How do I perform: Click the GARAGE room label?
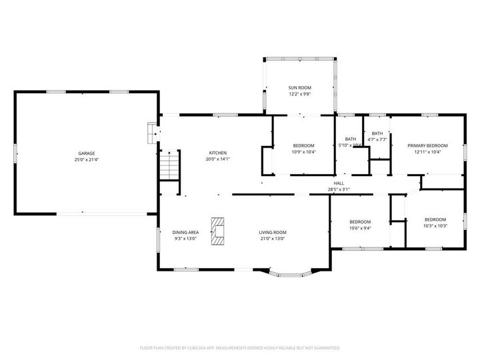(x=87, y=153)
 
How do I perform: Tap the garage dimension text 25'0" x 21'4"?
(x=87, y=160)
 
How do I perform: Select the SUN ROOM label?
(x=300, y=88)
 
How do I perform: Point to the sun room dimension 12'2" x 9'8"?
(x=300, y=94)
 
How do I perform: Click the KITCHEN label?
(x=217, y=153)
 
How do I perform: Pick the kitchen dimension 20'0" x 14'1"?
(x=217, y=159)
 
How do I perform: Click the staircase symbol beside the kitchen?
(x=170, y=165)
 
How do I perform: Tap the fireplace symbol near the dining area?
(x=218, y=231)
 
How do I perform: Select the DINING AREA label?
(x=185, y=232)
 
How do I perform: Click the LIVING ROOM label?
(x=273, y=232)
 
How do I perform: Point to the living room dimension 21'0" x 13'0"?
(x=273, y=239)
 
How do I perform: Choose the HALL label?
(x=339, y=183)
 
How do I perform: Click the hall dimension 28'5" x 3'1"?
(x=339, y=189)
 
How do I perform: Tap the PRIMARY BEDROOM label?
(x=427, y=145)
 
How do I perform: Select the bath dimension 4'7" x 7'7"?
(x=377, y=139)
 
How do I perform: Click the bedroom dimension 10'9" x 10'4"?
(x=304, y=152)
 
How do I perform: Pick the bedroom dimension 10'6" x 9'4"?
(x=360, y=228)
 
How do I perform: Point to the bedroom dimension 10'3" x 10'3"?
(x=435, y=226)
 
